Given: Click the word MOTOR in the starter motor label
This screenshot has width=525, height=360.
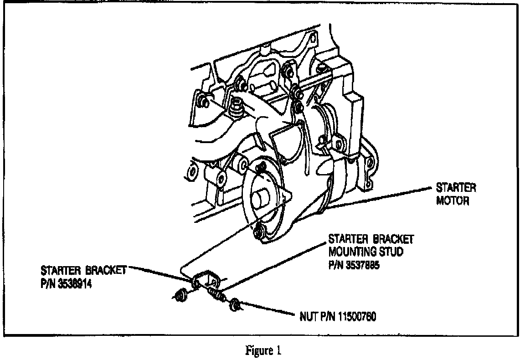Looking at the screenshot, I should point(452,201).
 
